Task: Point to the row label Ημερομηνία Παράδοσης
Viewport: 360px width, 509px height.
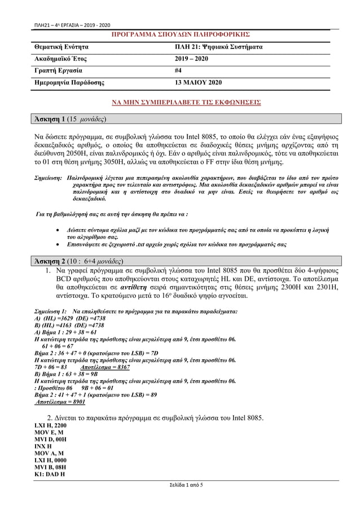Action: (x=70, y=83)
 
